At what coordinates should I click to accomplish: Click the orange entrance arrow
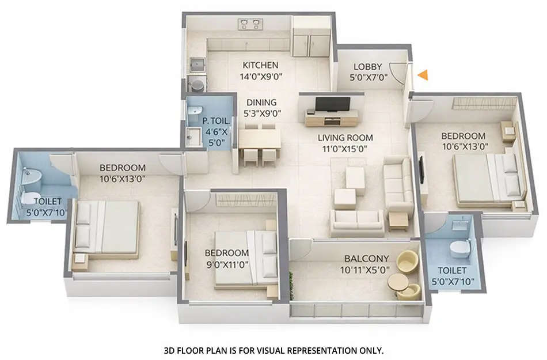pyautogui.click(x=423, y=74)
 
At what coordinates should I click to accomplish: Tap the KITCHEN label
pyautogui.click(x=260, y=65)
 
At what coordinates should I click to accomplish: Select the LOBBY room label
pyautogui.click(x=368, y=66)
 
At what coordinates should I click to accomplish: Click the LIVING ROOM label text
pyautogui.click(x=345, y=138)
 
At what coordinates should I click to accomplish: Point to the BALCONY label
pyautogui.click(x=367, y=259)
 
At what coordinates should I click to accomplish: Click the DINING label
pyautogui.click(x=262, y=103)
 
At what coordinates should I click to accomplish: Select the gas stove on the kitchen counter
pyautogui.click(x=249, y=24)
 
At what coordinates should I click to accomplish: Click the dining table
pyautogui.click(x=260, y=139)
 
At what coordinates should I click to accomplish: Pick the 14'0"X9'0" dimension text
pyautogui.click(x=260, y=77)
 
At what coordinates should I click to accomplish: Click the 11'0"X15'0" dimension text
pyautogui.click(x=345, y=149)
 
